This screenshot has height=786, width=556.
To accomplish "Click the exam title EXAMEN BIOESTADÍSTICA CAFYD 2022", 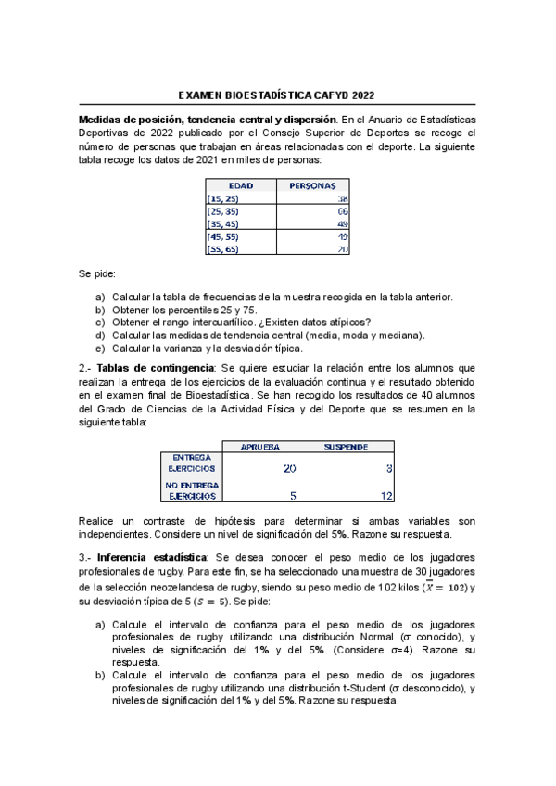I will point(276,95).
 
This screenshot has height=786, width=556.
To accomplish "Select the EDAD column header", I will point(240,185).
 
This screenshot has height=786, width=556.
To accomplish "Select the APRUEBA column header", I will point(260,447).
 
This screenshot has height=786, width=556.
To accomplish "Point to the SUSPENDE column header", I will point(346,447).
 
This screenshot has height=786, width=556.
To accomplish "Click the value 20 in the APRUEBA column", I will point(289,469).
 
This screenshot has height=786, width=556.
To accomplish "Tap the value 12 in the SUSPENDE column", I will point(387,496).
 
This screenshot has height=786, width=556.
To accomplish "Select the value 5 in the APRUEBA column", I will point(293,496).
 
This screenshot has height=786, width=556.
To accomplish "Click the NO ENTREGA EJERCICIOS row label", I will point(192,490).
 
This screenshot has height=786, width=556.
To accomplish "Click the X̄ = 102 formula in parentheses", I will point(443,587).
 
